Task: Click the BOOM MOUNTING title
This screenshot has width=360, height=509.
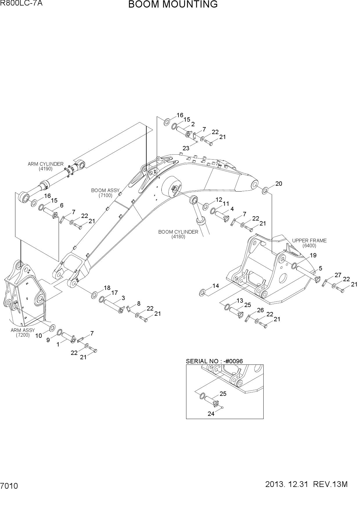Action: [x=173, y=5]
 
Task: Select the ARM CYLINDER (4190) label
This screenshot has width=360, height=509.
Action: [x=46, y=166]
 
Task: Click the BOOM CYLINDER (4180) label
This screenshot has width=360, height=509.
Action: [x=178, y=234]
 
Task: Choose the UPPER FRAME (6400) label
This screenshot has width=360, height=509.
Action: [x=309, y=243]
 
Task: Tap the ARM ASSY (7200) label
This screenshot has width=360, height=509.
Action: [x=23, y=333]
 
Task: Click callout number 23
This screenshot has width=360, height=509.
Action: [x=186, y=148]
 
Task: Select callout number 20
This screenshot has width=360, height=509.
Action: [x=279, y=183]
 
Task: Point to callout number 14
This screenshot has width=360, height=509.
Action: [x=216, y=286]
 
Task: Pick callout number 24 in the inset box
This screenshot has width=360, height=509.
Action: [x=211, y=414]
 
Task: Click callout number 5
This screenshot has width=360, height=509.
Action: [x=321, y=268]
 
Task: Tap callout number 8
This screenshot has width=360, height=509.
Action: [x=139, y=304]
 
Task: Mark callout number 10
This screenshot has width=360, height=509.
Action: [x=39, y=336]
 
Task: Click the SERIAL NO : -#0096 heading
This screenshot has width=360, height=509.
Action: [x=214, y=361]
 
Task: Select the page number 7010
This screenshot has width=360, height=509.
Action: [x=9, y=486]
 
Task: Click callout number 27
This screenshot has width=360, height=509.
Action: [x=338, y=275]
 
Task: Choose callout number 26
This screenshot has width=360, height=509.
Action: [x=260, y=310]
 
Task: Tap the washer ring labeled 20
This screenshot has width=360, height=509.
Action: [x=265, y=191]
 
